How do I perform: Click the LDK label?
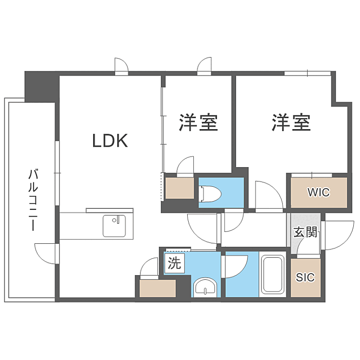pyautogui.click(x=110, y=140)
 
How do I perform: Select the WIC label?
pyautogui.click(x=318, y=193)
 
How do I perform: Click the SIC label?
pyautogui.click(x=305, y=277)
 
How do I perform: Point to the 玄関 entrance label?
pyautogui.click(x=305, y=231)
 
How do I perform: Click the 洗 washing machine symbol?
pyautogui.click(x=174, y=264)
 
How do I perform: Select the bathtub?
pyautogui.click(x=273, y=275)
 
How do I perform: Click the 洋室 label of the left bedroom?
pyautogui.click(x=199, y=123)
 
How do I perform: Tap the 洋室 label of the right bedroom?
pyautogui.click(x=292, y=123)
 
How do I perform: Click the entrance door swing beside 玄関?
pyautogui.click(x=338, y=235)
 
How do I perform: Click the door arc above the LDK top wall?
pyautogui.click(x=122, y=66)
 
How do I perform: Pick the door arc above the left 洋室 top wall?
pyautogui.click(x=205, y=66)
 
